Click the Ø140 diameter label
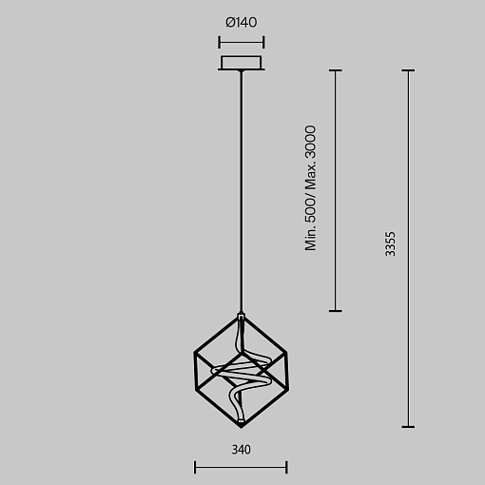pos(242,23)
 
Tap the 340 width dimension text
pos(242,450)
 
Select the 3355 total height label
pos(391,243)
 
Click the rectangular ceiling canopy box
pos(242,63)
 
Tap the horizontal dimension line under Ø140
pos(242,42)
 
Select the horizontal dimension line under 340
pos(241,467)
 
